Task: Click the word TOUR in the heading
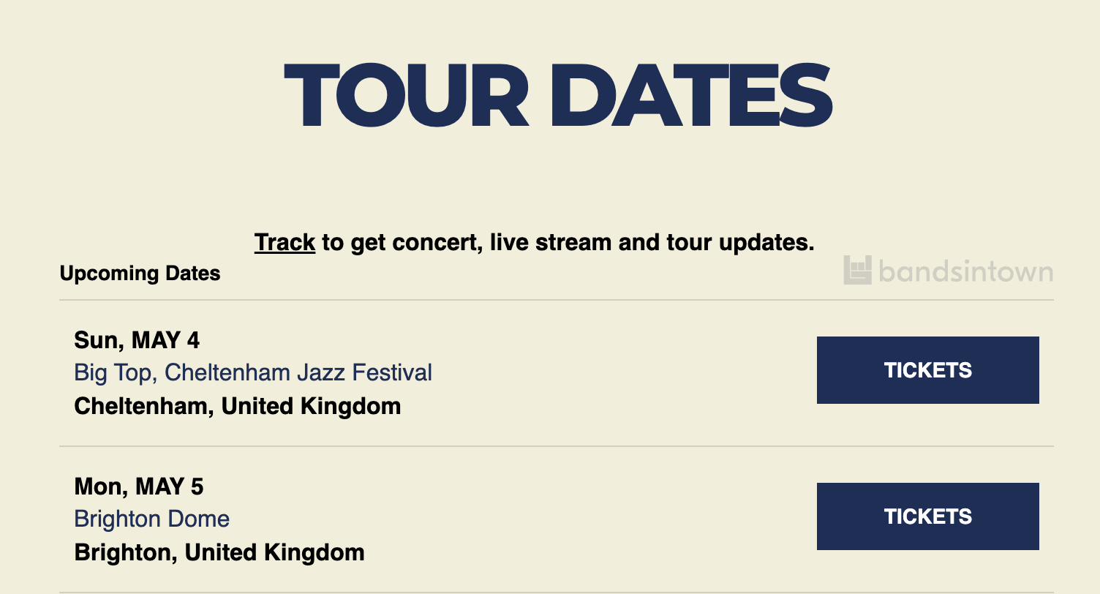(406, 95)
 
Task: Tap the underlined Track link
(285, 242)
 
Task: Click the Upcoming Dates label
(140, 274)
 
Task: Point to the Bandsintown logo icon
(857, 270)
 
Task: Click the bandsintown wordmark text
(966, 271)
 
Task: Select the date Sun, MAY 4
(137, 340)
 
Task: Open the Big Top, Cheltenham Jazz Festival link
(253, 372)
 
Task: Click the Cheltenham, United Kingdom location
(237, 406)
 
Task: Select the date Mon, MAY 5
(138, 487)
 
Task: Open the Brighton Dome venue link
(151, 519)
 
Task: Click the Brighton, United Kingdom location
(219, 553)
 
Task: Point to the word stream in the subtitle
(573, 242)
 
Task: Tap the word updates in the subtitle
(766, 243)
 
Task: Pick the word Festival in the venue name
(392, 372)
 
